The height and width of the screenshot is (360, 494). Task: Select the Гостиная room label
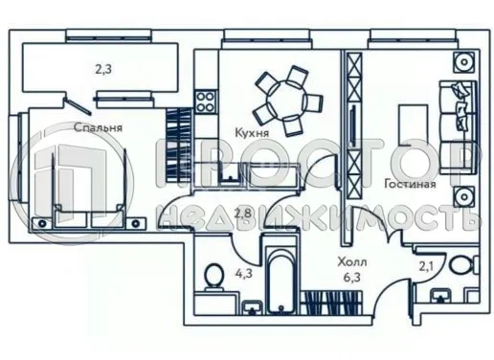[x=411, y=184]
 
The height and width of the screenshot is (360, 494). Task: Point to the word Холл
[x=352, y=260]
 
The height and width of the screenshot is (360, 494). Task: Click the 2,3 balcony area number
[x=102, y=68]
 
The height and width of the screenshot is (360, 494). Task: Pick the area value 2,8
[x=243, y=213]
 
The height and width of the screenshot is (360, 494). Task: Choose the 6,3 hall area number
[x=354, y=279]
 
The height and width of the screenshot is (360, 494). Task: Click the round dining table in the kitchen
[x=283, y=95]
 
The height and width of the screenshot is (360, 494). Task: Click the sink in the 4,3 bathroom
[x=251, y=305]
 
